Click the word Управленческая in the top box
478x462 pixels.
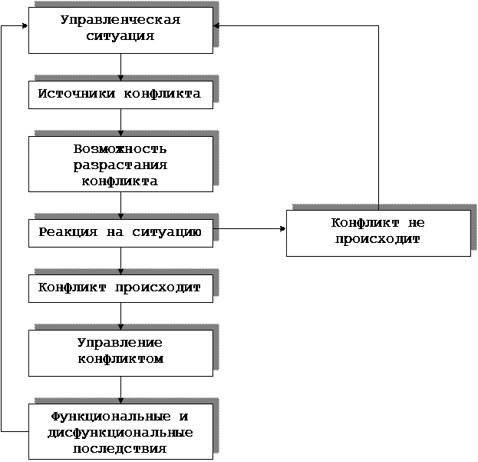point(120,20)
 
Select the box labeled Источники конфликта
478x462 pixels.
point(120,95)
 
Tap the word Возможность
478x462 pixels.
point(120,149)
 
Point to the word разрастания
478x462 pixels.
point(120,165)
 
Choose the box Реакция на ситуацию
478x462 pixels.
point(120,233)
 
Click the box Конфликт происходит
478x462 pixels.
point(120,288)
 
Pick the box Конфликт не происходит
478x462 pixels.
point(378,233)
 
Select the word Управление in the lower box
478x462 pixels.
point(120,343)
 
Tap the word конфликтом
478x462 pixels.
point(120,359)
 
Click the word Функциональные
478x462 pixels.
point(110,417)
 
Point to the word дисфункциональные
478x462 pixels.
point(120,433)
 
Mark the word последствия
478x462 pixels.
point(120,449)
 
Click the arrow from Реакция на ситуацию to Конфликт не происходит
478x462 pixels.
point(249,228)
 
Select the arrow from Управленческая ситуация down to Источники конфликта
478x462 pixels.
point(120,67)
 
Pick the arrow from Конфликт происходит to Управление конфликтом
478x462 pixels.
point(120,317)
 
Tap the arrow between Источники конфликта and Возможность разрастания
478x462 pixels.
point(120,122)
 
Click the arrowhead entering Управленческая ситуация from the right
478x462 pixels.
point(216,26)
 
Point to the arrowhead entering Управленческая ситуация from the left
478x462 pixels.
point(25,26)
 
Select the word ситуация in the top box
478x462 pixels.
point(120,36)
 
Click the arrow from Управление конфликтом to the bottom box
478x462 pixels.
point(120,390)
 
